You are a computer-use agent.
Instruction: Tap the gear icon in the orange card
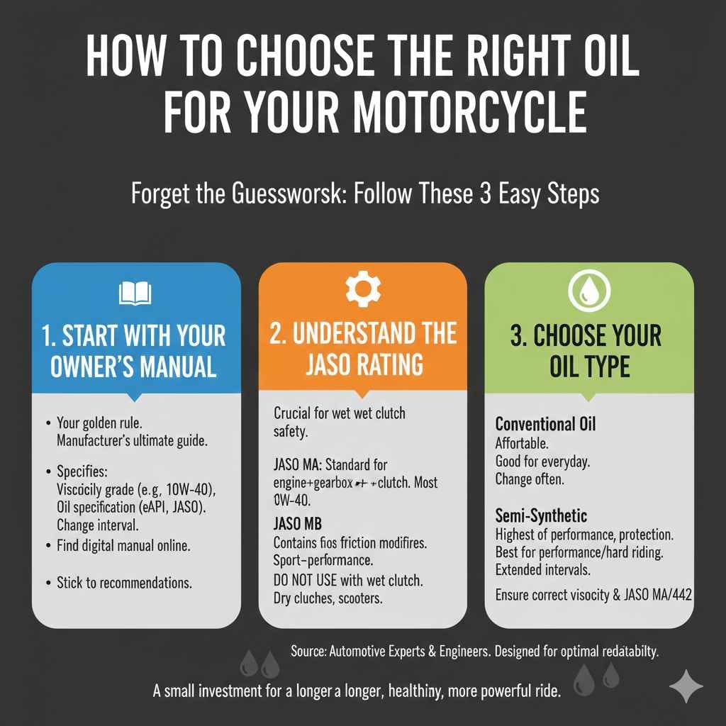362,289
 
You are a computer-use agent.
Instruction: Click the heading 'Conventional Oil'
545,425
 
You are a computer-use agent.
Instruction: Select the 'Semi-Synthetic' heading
541,515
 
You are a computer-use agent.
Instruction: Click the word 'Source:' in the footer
309,652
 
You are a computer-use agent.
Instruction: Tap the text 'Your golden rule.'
97,424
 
